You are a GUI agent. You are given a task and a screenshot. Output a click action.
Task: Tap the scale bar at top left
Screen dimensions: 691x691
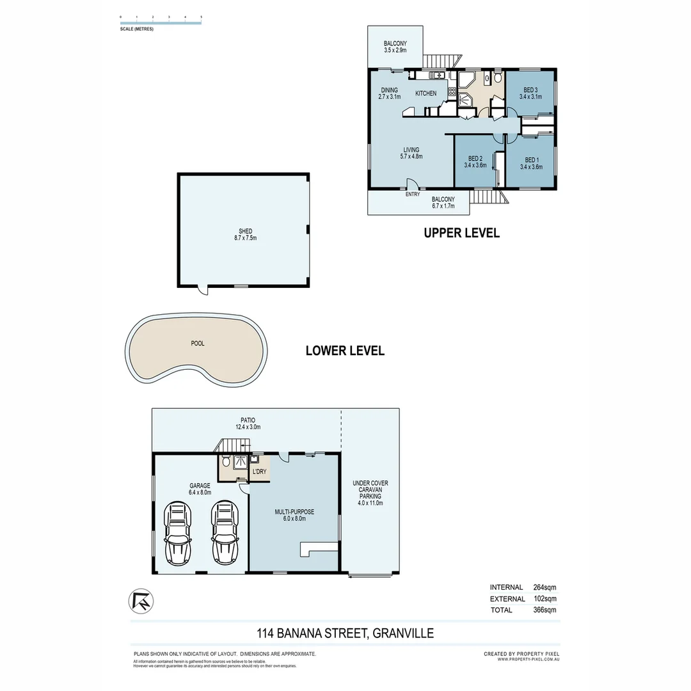pos(161,22)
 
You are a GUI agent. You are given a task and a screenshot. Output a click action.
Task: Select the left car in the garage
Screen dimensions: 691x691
pos(177,530)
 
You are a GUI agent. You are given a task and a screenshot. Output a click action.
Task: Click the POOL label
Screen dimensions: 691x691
pos(198,344)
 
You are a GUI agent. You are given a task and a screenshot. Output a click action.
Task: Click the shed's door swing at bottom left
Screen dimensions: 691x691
pos(203,291)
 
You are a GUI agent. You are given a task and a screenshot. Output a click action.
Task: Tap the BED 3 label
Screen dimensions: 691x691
pos(530,90)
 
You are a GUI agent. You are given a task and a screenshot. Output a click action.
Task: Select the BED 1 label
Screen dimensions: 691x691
pos(531,160)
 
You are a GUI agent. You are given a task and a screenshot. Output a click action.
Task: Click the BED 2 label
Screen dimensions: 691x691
pos(475,158)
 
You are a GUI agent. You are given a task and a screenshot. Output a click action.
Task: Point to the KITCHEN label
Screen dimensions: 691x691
pos(426,93)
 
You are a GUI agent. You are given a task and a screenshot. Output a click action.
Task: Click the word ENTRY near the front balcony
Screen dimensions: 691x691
pos(413,195)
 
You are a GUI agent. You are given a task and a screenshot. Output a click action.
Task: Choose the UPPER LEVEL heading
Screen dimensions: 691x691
pos(461,234)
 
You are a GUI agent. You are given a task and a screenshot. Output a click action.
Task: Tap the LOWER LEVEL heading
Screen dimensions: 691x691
pos(345,351)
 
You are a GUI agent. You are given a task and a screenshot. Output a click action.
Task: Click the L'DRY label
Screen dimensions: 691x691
pos(259,472)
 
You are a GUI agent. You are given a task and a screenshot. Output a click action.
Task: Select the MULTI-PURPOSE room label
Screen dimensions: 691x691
pos(294,512)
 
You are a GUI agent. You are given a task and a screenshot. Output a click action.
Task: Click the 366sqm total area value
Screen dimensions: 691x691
pos(545,610)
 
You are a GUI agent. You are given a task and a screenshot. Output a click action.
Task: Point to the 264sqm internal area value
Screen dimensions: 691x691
pos(545,587)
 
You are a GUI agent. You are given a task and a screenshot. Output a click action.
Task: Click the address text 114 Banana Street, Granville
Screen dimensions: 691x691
pos(345,633)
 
